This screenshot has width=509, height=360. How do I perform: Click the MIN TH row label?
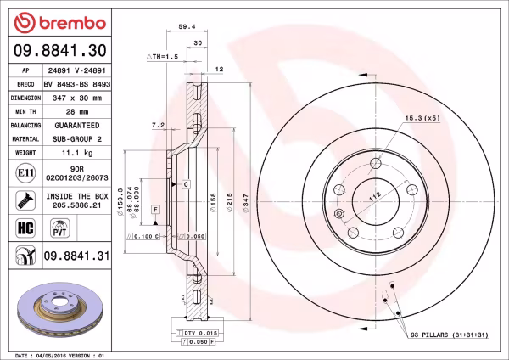pos(25,111)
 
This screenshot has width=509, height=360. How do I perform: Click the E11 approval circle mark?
pos(25,175)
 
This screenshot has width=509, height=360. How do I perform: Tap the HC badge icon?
pos(25,227)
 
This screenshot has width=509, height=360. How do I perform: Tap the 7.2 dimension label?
pos(157,125)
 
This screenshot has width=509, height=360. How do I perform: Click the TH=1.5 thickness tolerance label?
pos(161,56)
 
